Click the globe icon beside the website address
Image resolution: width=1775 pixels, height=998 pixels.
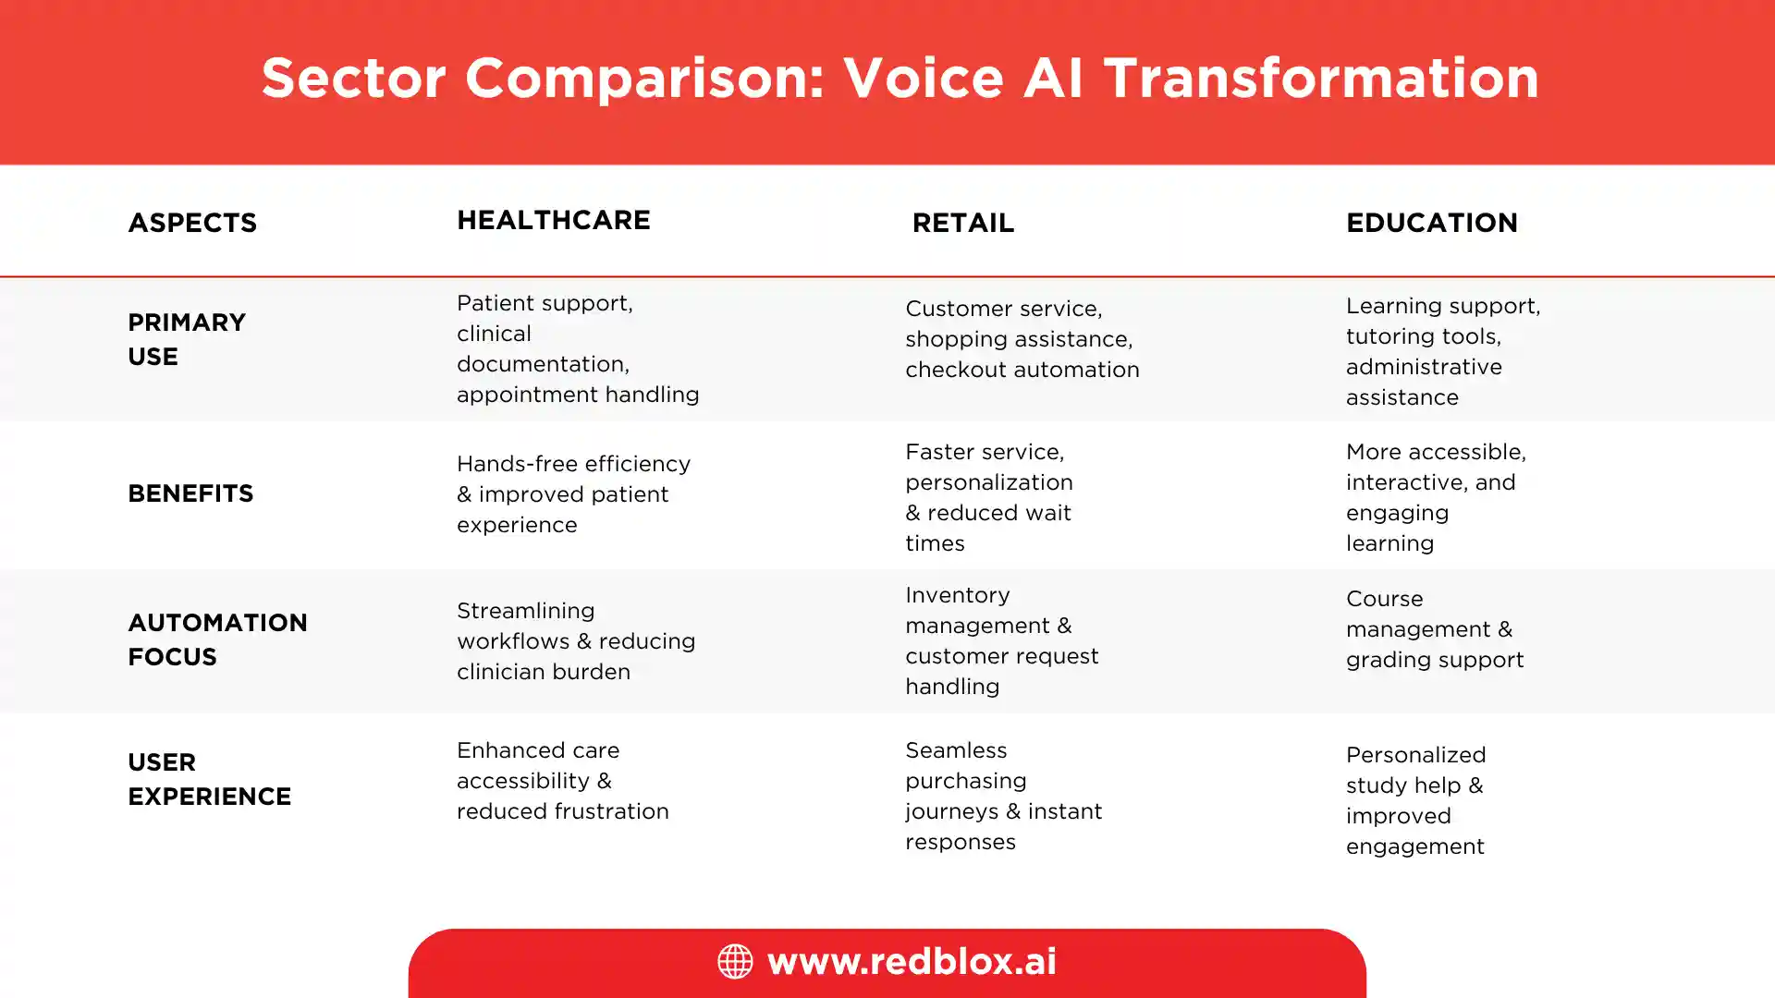point(735,961)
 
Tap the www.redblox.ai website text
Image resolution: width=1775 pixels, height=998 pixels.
point(912,961)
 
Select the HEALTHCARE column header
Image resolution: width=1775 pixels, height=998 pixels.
point(554,220)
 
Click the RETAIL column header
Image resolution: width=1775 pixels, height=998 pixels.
point(963,223)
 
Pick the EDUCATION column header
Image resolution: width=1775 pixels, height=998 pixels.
point(1432,223)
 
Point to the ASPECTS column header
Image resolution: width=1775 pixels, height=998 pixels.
point(192,223)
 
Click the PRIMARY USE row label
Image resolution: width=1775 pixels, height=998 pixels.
point(187,339)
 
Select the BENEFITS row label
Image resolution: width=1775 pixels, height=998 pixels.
point(190,493)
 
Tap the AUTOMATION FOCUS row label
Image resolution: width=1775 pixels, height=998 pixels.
point(217,639)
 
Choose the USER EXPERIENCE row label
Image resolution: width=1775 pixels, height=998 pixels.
point(209,779)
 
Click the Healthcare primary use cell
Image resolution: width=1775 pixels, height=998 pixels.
point(578,348)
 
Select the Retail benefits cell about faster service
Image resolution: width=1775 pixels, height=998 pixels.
point(989,497)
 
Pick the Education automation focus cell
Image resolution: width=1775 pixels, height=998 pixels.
point(1435,628)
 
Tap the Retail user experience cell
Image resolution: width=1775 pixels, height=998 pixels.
point(1003,796)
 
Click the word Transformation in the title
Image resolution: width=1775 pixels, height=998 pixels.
point(1321,78)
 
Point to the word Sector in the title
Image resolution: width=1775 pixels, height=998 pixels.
point(353,78)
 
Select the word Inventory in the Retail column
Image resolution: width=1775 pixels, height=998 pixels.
point(958,595)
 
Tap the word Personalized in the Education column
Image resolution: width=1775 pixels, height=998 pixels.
point(1415,755)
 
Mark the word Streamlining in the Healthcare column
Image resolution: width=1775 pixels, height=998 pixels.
point(525,612)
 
